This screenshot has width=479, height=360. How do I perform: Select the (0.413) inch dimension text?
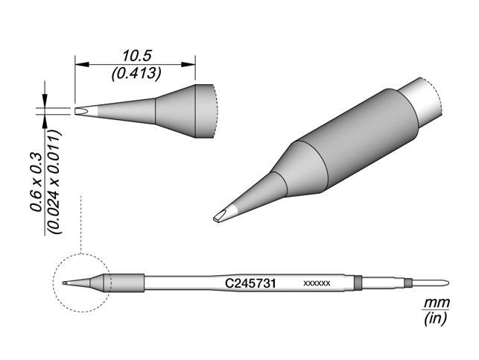click(x=134, y=74)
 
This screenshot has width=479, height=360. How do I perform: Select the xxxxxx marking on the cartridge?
click(x=317, y=285)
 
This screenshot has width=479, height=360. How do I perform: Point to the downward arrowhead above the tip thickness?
click(x=46, y=105)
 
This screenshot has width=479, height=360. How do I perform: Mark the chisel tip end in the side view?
click(x=79, y=112)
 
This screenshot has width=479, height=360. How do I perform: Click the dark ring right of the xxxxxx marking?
click(x=357, y=283)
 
